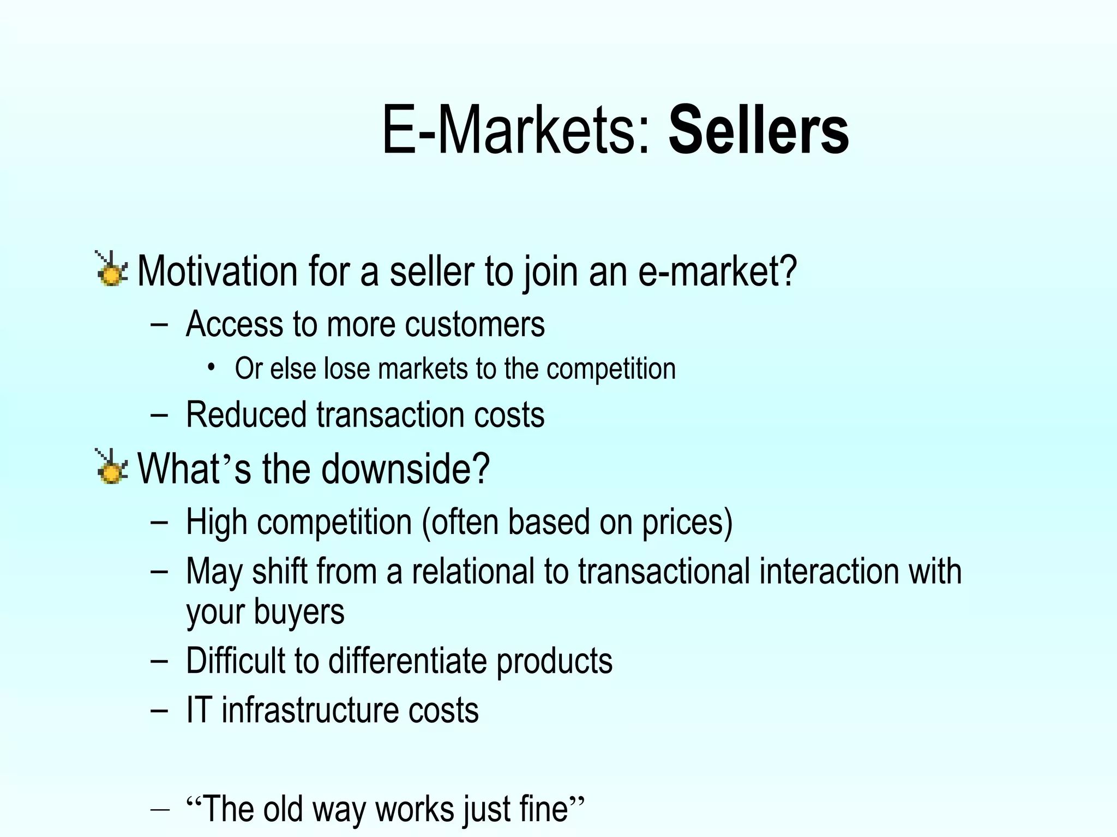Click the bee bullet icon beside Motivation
pyautogui.click(x=111, y=269)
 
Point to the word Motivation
pyautogui.click(x=217, y=271)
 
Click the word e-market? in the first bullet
pyautogui.click(x=717, y=271)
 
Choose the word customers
pyautogui.click(x=475, y=324)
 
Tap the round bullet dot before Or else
pyautogui.click(x=211, y=367)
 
